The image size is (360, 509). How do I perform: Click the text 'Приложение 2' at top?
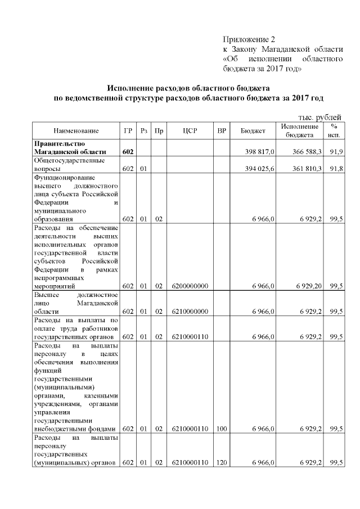pyautogui.click(x=249, y=39)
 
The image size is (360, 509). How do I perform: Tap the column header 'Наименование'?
pyautogui.click(x=76, y=131)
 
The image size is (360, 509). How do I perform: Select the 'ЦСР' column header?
pyautogui.click(x=190, y=131)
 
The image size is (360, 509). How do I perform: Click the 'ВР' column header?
pyautogui.click(x=222, y=131)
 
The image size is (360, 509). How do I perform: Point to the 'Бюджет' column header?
pyautogui.click(x=253, y=131)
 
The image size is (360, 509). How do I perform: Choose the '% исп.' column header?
pyautogui.click(x=334, y=131)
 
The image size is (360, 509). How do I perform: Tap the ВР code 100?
pyautogui.click(x=221, y=429)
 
